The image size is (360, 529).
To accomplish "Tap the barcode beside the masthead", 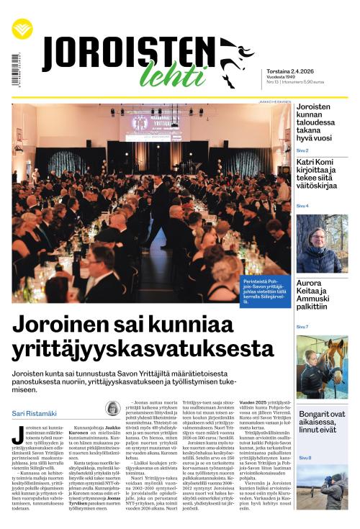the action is pyautogui.click(x=15, y=70).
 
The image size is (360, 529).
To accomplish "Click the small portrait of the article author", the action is pyautogui.click(x=112, y=409).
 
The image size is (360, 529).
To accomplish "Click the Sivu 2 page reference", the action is pyautogui.click(x=303, y=150).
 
